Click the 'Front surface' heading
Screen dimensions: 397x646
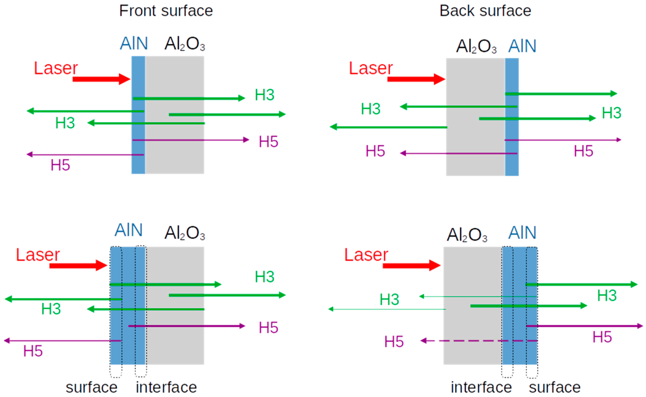(x=166, y=11)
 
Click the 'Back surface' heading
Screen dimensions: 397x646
(x=485, y=11)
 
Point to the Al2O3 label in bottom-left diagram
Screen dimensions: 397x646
(x=185, y=233)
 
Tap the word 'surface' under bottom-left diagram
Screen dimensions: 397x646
(x=91, y=387)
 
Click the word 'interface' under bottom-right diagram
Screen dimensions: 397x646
(x=481, y=387)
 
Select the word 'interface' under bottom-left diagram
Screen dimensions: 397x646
(x=166, y=387)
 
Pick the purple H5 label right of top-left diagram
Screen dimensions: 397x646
(x=268, y=142)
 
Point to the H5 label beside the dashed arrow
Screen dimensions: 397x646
(x=394, y=342)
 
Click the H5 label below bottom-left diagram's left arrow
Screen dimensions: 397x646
(x=33, y=351)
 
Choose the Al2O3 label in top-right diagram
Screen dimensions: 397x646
(x=476, y=47)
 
